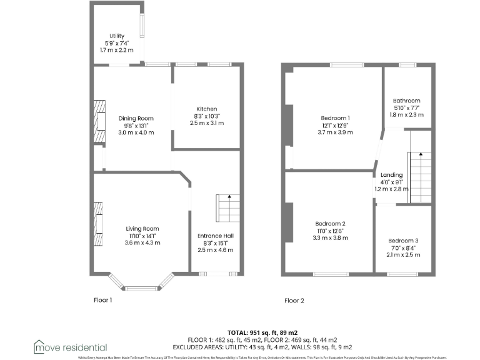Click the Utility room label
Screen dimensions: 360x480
(x=117, y=36)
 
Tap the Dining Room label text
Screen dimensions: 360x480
(x=136, y=118)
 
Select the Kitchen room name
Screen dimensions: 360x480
(x=206, y=109)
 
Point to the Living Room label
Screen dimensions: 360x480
(x=142, y=228)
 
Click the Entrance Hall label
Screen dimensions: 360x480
(x=216, y=235)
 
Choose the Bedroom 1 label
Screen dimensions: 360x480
(x=336, y=118)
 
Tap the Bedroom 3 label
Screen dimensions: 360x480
(x=403, y=241)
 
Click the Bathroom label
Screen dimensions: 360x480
(x=406, y=101)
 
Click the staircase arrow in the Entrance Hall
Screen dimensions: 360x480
(x=229, y=198)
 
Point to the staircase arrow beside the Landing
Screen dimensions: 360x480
(x=421, y=155)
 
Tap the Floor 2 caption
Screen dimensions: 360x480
(x=294, y=300)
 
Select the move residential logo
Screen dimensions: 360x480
(x=71, y=347)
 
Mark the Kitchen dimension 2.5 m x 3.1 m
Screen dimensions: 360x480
(x=206, y=123)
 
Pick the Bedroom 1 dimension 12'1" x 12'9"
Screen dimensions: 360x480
(x=336, y=125)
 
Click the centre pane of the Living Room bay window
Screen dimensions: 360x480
(x=142, y=287)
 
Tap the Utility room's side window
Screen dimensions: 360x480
(x=142, y=25)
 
